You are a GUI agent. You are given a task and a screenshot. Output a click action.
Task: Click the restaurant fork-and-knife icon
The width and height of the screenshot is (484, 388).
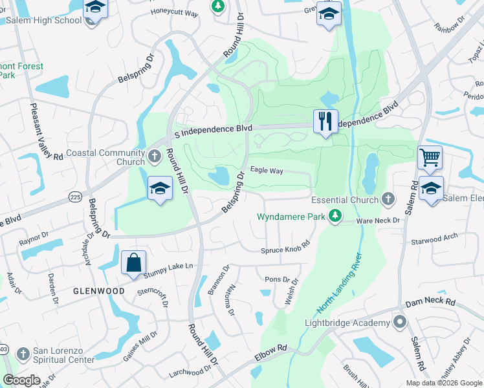tap(325, 121)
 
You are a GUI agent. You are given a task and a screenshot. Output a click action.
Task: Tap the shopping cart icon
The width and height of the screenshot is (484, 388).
tap(430, 157)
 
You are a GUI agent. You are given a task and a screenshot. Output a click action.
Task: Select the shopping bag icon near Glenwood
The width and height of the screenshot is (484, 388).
tap(133, 263)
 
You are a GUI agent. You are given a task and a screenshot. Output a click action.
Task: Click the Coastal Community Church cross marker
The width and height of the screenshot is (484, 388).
tap(154, 155)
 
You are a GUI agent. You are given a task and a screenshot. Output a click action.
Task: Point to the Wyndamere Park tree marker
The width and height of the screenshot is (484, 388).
tap(335, 217)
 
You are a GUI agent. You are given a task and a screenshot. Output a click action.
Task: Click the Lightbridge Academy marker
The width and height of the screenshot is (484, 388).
tap(401, 322)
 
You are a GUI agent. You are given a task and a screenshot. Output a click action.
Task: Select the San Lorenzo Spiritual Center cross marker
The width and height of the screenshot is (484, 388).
tap(22, 353)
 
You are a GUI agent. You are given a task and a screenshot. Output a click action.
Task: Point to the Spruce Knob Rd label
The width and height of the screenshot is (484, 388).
tap(285, 247)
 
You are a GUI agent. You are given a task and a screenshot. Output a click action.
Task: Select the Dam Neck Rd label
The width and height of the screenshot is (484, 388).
tap(430, 302)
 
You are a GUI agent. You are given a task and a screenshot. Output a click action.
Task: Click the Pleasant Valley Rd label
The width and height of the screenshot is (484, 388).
tap(45, 129)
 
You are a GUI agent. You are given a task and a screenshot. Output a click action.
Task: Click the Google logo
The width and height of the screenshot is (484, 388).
tap(21, 380)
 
